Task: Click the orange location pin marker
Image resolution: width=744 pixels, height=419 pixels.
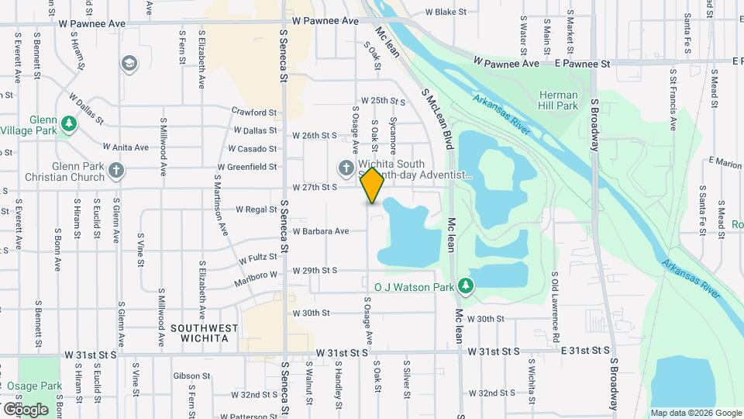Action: tap(372, 185)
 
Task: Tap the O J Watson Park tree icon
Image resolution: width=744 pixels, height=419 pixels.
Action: tap(466, 287)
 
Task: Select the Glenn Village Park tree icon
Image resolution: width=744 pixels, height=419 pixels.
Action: tap(69, 123)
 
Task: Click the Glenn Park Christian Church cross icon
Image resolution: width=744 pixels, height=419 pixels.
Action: tap(116, 171)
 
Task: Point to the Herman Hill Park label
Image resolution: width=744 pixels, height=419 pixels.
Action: tap(559, 99)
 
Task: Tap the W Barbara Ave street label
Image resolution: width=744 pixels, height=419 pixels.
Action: tap(321, 231)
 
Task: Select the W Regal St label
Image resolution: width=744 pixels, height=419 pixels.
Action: tap(256, 209)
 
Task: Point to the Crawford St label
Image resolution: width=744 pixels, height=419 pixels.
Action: tap(254, 113)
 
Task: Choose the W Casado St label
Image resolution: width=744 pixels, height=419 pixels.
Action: tap(253, 149)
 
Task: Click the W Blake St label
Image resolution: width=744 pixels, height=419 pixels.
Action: tap(447, 12)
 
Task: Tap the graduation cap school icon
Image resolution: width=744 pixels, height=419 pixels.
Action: tap(129, 62)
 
